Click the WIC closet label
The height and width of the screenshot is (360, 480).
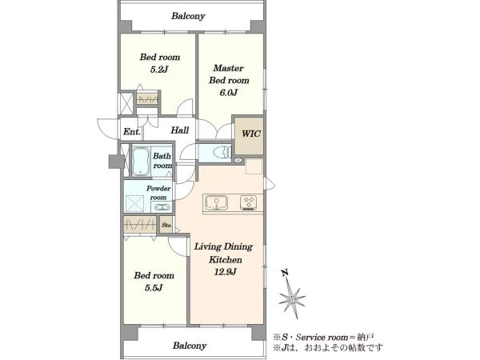[251, 134]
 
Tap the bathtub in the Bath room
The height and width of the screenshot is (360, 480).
[141, 162]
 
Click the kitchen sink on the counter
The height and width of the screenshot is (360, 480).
[216, 202]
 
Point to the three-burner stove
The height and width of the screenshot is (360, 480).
[249, 202]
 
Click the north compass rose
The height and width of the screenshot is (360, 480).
[292, 298]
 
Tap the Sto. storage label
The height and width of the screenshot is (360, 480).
[167, 225]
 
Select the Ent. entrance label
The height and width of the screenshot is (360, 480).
[132, 132]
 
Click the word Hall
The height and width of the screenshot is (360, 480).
[180, 130]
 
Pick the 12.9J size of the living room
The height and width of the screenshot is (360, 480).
[225, 272]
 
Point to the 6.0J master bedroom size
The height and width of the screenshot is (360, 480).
[228, 93]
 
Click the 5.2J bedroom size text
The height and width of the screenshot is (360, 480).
[159, 70]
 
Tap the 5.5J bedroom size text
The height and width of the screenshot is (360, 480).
[154, 288]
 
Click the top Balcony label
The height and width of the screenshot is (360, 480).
[188, 16]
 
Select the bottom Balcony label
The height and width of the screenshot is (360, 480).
[190, 346]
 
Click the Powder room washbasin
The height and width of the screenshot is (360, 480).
[162, 207]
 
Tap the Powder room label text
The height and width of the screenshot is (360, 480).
[158, 193]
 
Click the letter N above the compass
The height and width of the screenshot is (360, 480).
[285, 272]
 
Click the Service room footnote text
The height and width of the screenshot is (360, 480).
[323, 338]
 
